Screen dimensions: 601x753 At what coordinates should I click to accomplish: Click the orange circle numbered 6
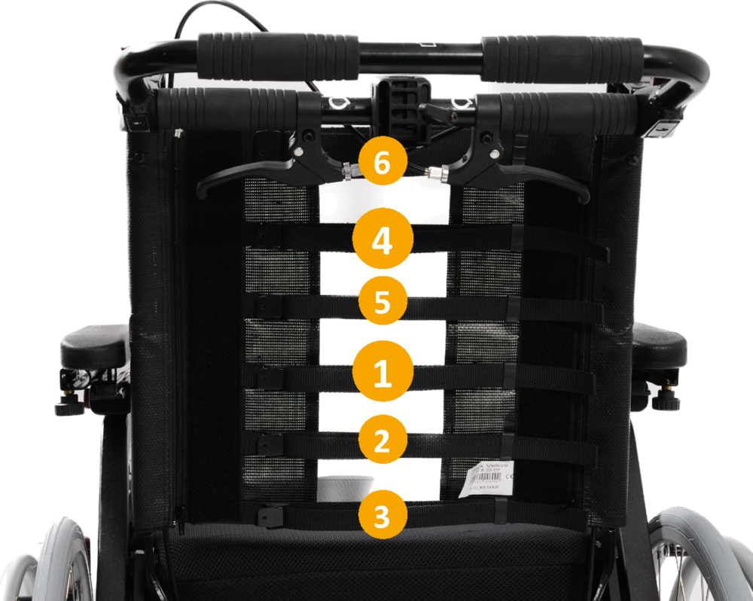[x=382, y=164]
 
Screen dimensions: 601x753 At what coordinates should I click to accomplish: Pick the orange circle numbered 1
[x=383, y=374]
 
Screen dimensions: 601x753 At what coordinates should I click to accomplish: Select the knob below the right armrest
[x=666, y=399]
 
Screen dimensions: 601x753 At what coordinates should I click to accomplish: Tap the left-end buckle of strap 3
[x=269, y=517]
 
